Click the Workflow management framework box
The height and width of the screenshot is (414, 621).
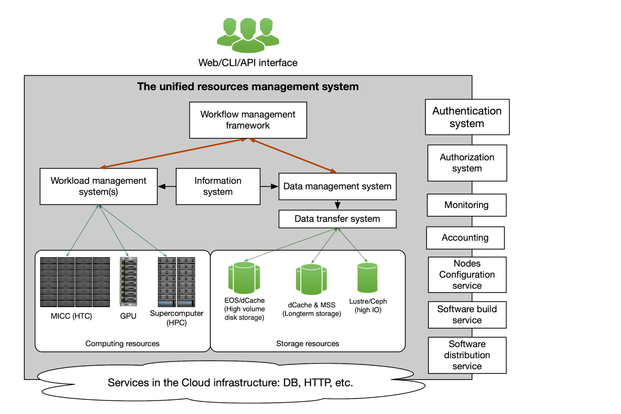[x=248, y=120]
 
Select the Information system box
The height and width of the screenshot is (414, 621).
[x=218, y=186]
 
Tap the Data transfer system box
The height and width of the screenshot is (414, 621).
[x=337, y=219]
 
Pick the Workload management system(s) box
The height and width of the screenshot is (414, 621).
[x=99, y=186]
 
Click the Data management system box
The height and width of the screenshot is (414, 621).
[x=337, y=186]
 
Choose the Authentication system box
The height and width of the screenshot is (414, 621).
[x=467, y=117]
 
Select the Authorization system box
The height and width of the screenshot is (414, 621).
[x=467, y=163]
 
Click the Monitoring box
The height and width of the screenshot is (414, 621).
[x=467, y=205]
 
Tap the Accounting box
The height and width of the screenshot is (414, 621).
[x=465, y=238]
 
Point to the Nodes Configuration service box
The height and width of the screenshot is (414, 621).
[x=467, y=275]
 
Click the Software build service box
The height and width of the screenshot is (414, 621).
[x=467, y=315]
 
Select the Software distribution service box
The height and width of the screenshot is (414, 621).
[x=467, y=355]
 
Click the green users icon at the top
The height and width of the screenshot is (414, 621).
[x=248, y=35]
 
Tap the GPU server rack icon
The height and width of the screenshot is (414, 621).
[x=128, y=282]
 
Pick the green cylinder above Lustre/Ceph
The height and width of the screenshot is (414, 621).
[x=367, y=278]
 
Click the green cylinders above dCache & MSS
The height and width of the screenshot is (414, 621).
[x=311, y=279]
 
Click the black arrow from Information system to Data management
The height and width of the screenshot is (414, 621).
[x=269, y=186]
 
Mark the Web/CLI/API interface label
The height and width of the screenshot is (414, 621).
[x=248, y=63]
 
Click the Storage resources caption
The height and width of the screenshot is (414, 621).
[x=307, y=343]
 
